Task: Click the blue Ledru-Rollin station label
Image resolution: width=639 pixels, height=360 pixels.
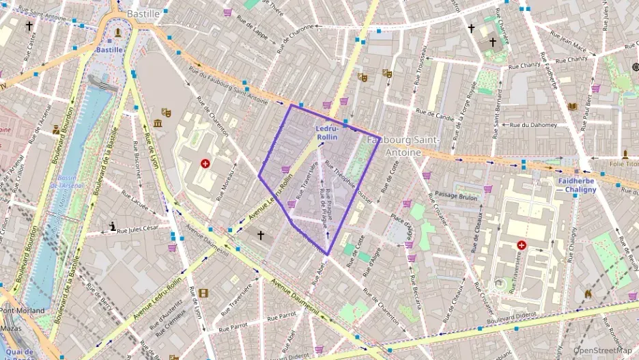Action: (327, 133)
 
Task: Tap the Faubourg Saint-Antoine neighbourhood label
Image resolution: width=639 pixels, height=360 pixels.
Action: (403, 146)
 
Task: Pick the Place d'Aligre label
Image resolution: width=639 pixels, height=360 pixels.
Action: (401, 227)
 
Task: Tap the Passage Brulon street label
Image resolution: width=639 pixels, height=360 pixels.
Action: (457, 196)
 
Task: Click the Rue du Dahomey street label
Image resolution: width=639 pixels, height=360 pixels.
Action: (534, 125)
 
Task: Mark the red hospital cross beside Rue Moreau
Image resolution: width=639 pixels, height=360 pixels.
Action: (205, 164)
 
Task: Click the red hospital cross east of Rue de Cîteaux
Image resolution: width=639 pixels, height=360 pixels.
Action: (522, 244)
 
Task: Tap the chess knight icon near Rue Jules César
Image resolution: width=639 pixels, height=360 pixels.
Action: (113, 226)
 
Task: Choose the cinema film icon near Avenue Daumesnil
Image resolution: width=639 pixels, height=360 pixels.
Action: (203, 293)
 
